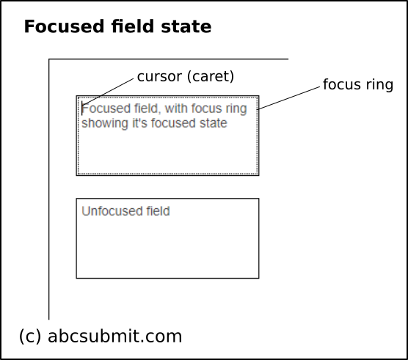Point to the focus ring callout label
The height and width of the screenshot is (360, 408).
click(358, 84)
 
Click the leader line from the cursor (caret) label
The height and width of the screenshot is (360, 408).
click(110, 91)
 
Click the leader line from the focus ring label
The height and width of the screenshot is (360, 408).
click(290, 98)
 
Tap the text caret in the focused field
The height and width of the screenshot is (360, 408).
click(82, 109)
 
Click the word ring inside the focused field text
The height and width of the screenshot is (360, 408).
click(235, 109)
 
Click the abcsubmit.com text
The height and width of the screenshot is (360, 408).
click(114, 336)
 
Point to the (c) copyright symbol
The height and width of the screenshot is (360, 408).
click(30, 336)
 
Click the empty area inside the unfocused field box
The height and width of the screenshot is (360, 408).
click(167, 249)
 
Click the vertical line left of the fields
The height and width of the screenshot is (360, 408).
click(49, 220)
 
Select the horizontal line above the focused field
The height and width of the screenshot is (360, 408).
click(169, 59)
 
